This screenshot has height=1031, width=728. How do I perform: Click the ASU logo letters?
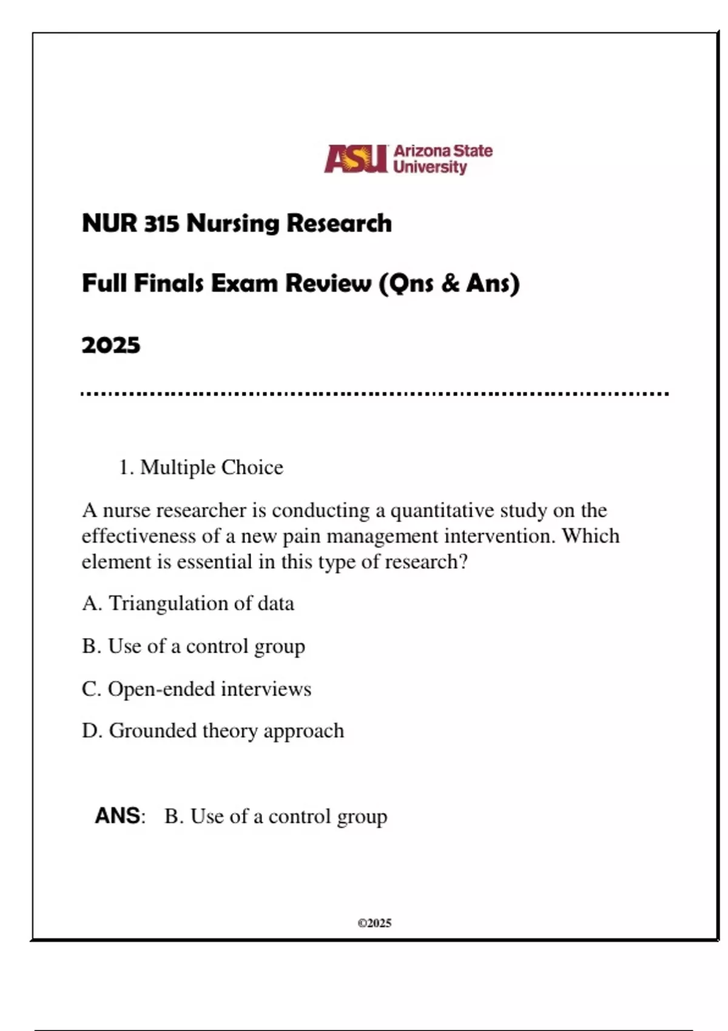pyautogui.click(x=356, y=159)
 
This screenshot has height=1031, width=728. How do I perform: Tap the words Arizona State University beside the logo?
pyautogui.click(x=442, y=159)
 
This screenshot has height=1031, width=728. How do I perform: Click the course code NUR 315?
pyautogui.click(x=130, y=223)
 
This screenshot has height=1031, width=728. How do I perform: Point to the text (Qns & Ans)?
pyautogui.click(x=449, y=283)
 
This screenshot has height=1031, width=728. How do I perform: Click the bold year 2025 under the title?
pyautogui.click(x=111, y=345)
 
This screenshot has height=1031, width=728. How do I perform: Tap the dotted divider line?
pyautogui.click(x=375, y=394)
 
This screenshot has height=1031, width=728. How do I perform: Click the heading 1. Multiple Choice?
pyautogui.click(x=201, y=468)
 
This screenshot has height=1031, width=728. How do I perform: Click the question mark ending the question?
pyautogui.click(x=464, y=562)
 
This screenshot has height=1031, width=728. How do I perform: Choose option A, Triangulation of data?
pyautogui.click(x=188, y=603)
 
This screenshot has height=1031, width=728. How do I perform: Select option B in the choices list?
pyautogui.click(x=194, y=646)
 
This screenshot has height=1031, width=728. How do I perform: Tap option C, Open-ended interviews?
pyautogui.click(x=197, y=689)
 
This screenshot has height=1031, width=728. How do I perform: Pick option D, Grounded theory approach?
pyautogui.click(x=213, y=731)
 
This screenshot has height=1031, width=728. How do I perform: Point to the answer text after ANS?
pyautogui.click(x=276, y=817)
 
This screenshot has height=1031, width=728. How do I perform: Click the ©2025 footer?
pyautogui.click(x=374, y=923)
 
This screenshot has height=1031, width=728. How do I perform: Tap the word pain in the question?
pyautogui.click(x=300, y=536)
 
